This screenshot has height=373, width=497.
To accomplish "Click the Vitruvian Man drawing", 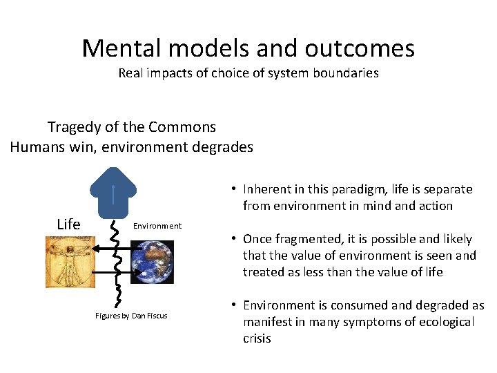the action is click(x=69, y=263).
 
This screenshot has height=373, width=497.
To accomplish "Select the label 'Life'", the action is click(x=68, y=224).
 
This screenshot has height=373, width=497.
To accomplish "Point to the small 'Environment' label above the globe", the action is click(x=157, y=226).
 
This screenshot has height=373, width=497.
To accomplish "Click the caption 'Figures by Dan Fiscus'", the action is click(x=131, y=316).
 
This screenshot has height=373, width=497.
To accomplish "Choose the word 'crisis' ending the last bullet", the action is click(x=257, y=338).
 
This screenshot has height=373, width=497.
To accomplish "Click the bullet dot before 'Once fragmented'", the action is click(x=235, y=239).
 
